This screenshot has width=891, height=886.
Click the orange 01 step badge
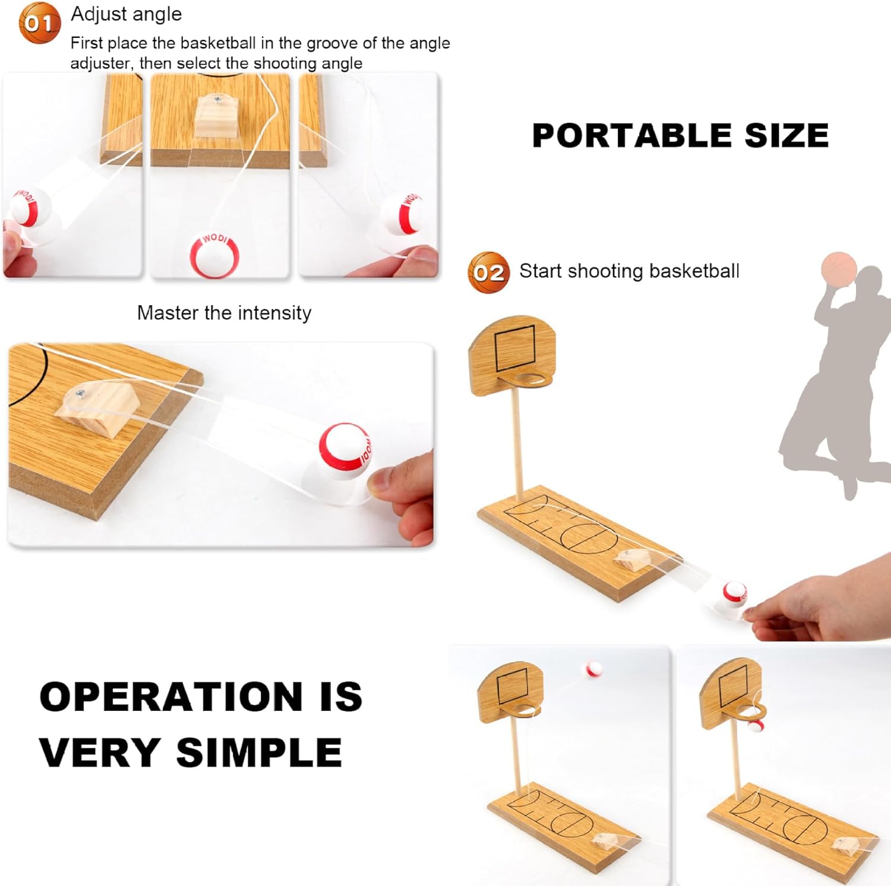click(40, 23)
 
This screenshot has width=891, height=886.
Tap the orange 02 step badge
click(489, 272)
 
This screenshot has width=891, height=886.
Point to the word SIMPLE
click(259, 752)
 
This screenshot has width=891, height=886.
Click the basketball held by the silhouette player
click(839, 269)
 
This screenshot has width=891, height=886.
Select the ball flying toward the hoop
click(594, 669)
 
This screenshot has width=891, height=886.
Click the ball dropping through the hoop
click(754, 723)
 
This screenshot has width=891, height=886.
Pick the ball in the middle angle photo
click(214, 256)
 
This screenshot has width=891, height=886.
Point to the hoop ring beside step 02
click(533, 379)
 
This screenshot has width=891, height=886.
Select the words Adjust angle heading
click(127, 14)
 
